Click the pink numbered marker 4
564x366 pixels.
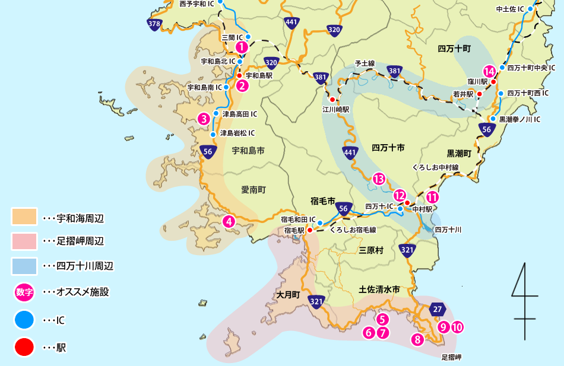click(229, 222)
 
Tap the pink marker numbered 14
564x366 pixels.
click(489, 71)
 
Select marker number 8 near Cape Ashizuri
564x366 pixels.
click(418, 339)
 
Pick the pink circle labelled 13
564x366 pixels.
click(379, 179)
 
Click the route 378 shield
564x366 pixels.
click(154, 24)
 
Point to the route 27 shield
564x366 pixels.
click(438, 309)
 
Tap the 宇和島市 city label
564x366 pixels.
click(248, 151)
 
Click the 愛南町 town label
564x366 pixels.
click(254, 190)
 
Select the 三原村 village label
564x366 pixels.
click(372, 251)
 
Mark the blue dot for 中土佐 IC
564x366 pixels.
click(530, 9)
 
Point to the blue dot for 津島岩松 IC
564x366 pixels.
click(213, 134)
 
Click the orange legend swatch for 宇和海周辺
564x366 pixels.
click(24, 217)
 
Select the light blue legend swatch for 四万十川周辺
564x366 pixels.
click(24, 266)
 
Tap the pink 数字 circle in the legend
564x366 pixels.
click(24, 292)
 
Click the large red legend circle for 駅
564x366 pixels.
click(24, 347)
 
